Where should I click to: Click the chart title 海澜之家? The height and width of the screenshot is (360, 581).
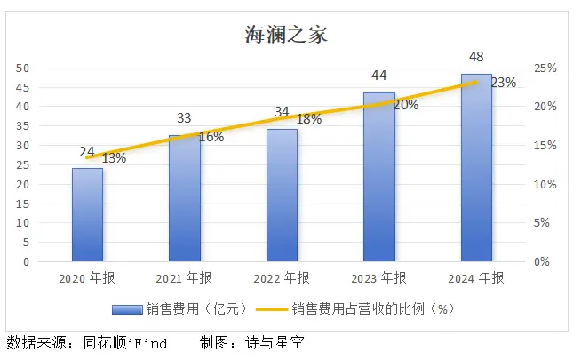[x=286, y=35]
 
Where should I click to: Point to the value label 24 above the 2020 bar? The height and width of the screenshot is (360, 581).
[x=87, y=152]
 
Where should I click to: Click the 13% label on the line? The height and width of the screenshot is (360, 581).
[x=114, y=158]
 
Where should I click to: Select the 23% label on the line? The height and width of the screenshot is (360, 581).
[x=504, y=83]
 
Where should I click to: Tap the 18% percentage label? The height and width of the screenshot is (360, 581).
[x=308, y=119]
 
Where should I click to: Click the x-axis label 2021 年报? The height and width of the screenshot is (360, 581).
[x=184, y=278]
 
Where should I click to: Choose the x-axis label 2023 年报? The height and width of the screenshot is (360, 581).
[x=379, y=278]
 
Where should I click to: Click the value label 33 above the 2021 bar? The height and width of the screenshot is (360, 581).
[x=184, y=117]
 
